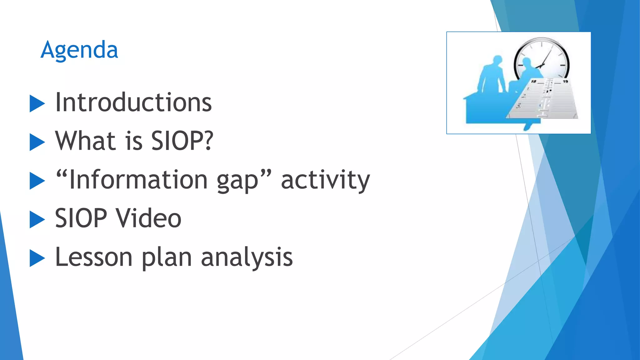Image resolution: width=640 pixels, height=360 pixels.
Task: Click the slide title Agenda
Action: tap(79, 50)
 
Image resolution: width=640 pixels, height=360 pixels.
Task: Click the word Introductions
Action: tap(133, 102)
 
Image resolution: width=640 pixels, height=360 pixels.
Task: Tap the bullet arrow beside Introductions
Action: tap(37, 103)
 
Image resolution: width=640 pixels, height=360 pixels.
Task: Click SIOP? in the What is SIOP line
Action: tap(182, 141)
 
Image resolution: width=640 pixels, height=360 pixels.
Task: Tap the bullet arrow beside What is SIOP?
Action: tap(37, 142)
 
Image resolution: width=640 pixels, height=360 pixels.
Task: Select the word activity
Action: tap(325, 180)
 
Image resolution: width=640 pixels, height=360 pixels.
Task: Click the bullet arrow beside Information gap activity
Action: tap(37, 181)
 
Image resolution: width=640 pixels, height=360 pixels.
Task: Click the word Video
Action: tap(149, 218)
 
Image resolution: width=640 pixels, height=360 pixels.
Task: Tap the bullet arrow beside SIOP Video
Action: tap(37, 219)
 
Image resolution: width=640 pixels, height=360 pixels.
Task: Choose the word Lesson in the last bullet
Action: tap(94, 257)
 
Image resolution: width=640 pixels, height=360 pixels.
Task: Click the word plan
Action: tap(166, 258)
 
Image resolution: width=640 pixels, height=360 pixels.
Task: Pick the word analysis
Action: tap(247, 258)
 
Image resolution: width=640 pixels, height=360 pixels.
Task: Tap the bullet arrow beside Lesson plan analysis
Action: tap(37, 258)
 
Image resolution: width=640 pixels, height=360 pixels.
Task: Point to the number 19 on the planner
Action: tap(565, 82)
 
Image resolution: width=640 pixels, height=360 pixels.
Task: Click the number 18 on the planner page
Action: tap(533, 82)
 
